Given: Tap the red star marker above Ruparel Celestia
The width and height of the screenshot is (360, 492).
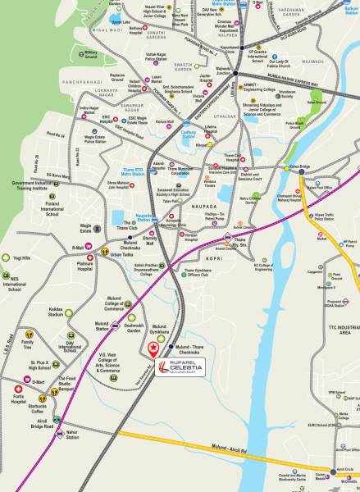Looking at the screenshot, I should point(154,347).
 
